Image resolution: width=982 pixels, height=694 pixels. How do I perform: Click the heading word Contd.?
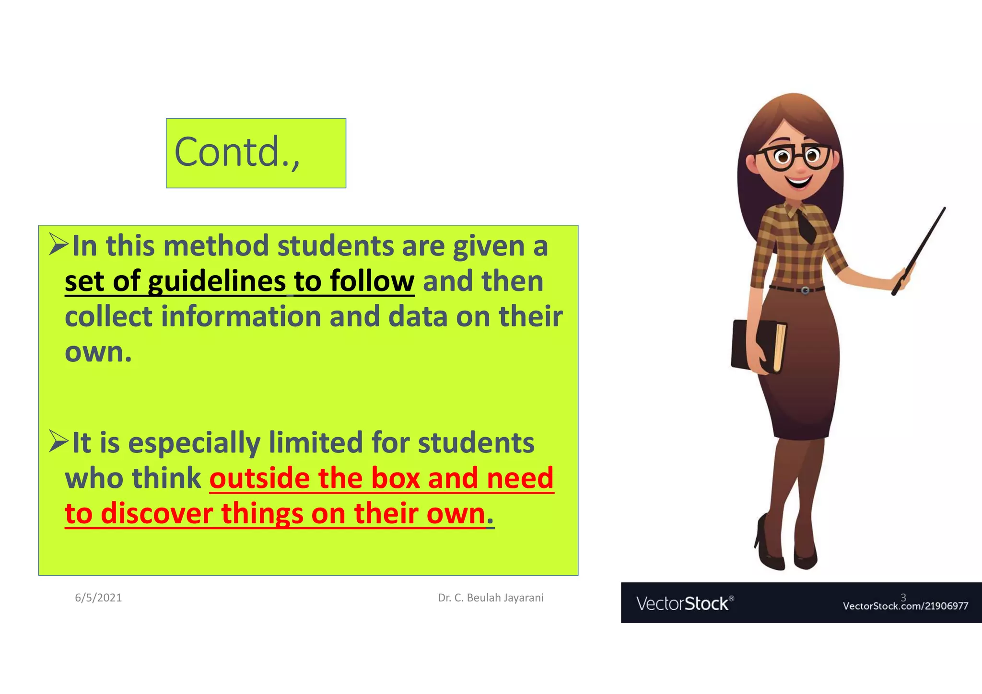[237, 152]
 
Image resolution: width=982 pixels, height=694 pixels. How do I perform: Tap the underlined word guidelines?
[217, 281]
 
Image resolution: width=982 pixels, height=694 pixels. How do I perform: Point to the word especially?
[194, 443]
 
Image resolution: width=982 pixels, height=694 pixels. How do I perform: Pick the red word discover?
[156, 514]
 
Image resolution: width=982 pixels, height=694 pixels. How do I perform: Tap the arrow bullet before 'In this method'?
[58, 244]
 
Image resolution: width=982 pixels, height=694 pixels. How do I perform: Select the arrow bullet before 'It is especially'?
[58, 441]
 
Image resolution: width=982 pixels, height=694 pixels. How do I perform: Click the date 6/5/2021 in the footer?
[98, 598]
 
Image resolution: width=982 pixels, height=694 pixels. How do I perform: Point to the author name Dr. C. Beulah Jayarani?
[491, 598]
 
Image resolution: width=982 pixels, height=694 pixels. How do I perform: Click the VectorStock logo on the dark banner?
[684, 603]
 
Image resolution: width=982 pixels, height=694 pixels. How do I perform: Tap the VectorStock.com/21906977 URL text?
[905, 606]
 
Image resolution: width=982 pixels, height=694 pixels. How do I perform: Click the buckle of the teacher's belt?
[805, 290]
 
